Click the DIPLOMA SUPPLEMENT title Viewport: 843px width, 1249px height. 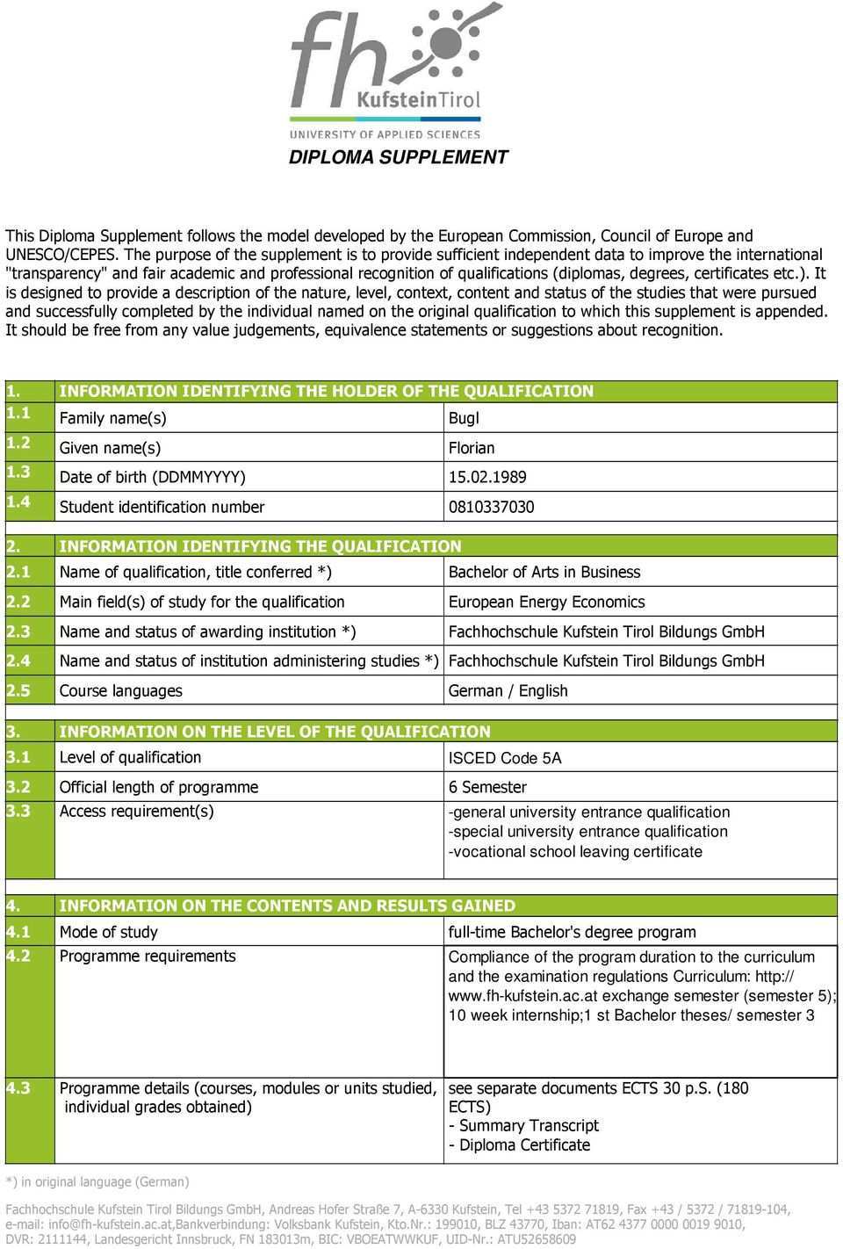tap(399, 157)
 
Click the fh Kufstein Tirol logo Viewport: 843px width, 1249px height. tap(395, 70)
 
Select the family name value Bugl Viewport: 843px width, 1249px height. tap(464, 419)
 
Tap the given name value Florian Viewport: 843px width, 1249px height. tap(472, 448)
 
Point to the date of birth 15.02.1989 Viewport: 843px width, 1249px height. tap(487, 478)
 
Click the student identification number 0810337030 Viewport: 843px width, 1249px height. tap(491, 507)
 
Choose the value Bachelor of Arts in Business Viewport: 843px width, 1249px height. tap(544, 573)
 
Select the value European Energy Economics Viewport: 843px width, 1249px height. tap(546, 603)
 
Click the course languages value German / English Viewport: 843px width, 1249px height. tap(508, 691)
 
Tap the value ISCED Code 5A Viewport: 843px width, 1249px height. tap(505, 758)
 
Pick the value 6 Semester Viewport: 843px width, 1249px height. tap(487, 788)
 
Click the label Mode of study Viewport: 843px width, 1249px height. tap(109, 933)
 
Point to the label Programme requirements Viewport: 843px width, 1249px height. tap(148, 957)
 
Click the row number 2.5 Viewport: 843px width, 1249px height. tap(18, 691)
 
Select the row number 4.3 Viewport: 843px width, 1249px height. tap(18, 1088)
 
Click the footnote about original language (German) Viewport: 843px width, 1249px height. tap(97, 1182)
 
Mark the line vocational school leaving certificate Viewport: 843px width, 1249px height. tap(576, 852)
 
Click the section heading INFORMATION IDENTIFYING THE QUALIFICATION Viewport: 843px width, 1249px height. tap(260, 546)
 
